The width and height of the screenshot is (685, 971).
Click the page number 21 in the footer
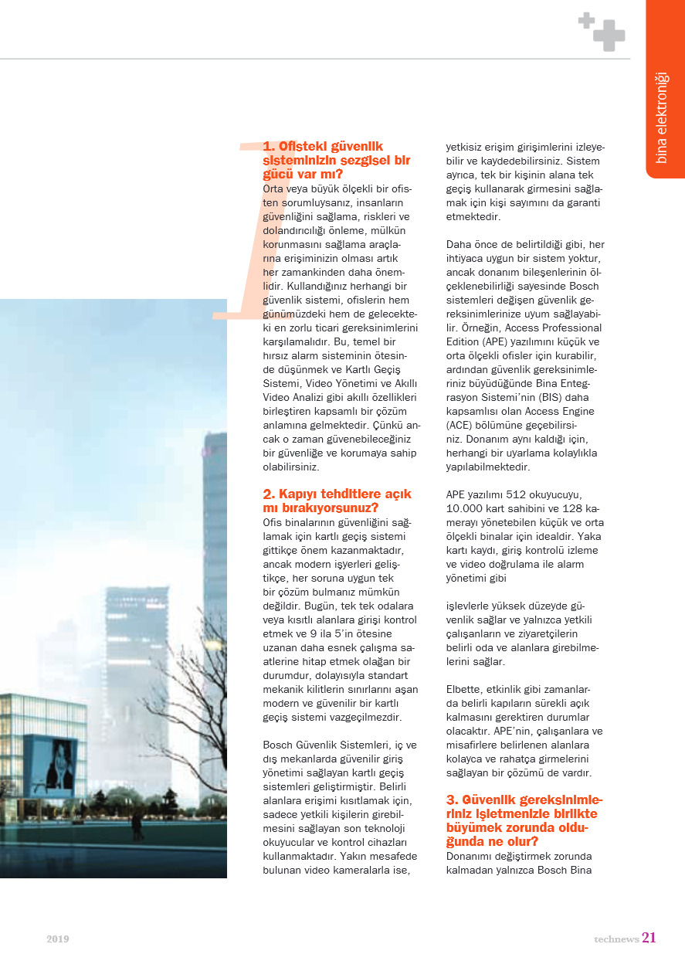649,938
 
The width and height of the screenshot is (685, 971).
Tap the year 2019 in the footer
57,939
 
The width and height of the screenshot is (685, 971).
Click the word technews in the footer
615,939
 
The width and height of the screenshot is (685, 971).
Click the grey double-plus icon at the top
602,32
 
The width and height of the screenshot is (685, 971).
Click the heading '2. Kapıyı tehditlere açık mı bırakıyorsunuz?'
337,501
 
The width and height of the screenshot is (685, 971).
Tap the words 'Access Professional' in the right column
554,328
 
